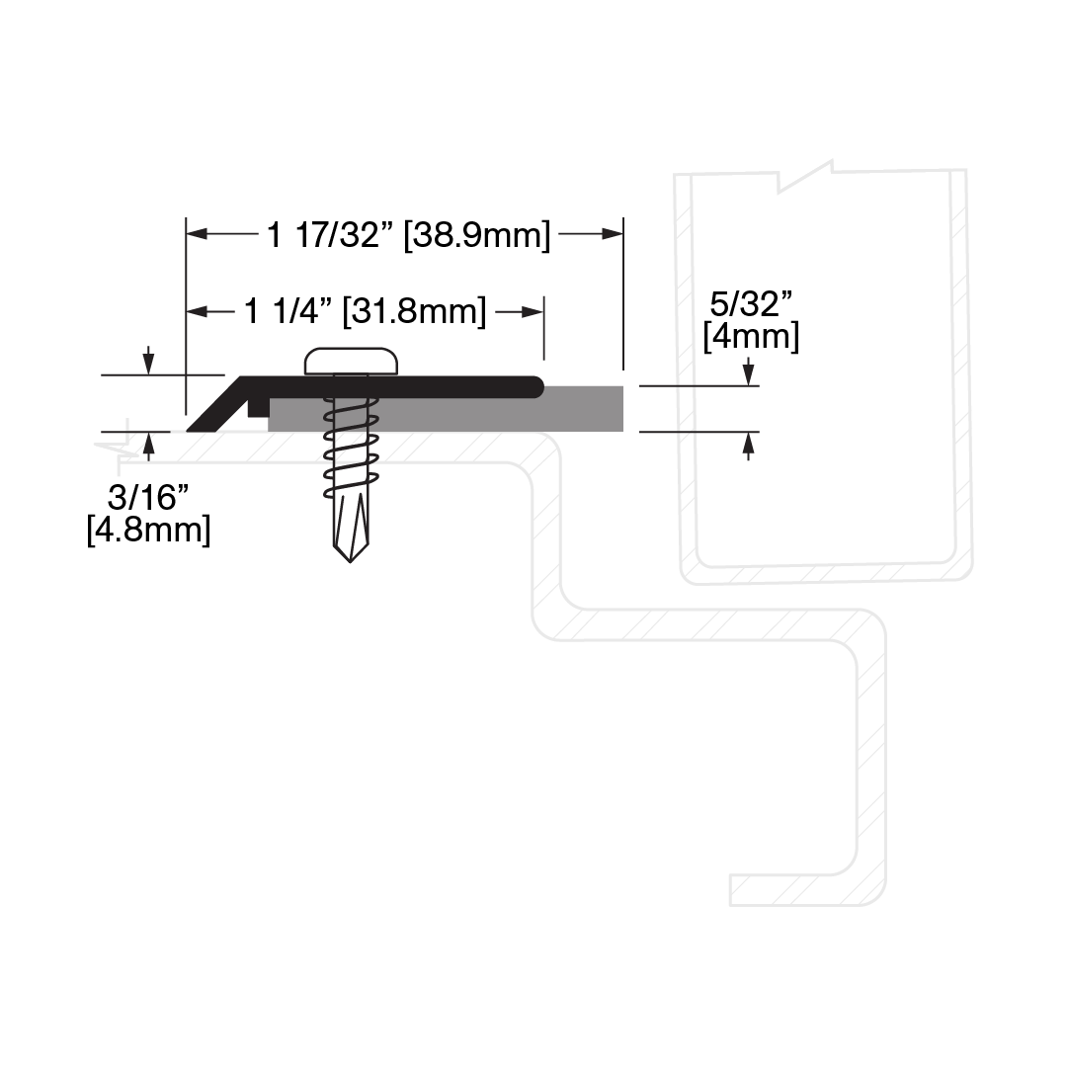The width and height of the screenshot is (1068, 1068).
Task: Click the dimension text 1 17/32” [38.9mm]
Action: [x=408, y=236]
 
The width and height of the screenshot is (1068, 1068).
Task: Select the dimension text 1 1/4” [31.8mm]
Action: [x=366, y=312]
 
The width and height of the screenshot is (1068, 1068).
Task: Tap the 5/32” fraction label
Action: [x=751, y=303]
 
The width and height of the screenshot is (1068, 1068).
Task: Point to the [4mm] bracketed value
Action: [x=751, y=337]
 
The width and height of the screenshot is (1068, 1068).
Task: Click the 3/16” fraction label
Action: [x=148, y=498]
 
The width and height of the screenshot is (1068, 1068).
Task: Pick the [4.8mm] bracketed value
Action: [x=148, y=530]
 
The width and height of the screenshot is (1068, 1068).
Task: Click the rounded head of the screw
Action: [x=351, y=361]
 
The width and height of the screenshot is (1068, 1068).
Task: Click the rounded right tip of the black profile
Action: [x=536, y=387]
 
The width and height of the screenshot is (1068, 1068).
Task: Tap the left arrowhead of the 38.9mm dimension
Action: [x=197, y=234]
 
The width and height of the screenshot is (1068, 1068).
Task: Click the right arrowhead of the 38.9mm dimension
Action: [x=613, y=234]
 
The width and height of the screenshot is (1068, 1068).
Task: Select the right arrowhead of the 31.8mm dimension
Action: [x=533, y=312]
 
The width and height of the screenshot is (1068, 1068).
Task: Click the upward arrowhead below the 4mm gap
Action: [x=749, y=443]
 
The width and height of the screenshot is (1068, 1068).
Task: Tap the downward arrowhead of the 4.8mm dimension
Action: [x=149, y=365]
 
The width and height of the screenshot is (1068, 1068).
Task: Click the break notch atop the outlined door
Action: [x=806, y=177]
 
